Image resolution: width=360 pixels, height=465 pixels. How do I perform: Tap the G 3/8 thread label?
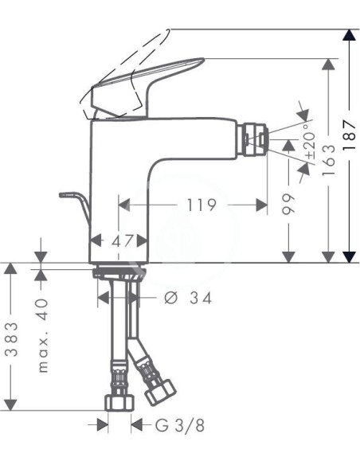pos(179,425)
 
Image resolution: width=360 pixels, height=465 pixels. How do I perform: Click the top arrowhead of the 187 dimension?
pos(348,35)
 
